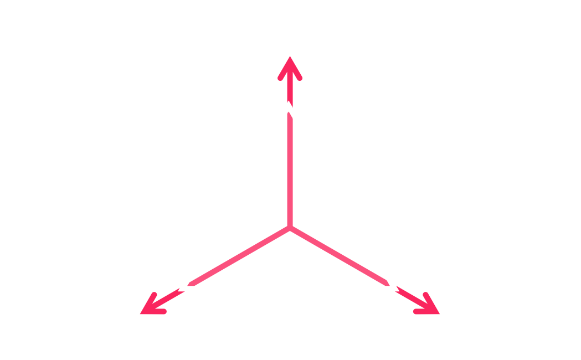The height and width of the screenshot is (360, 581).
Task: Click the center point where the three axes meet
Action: coord(289,227)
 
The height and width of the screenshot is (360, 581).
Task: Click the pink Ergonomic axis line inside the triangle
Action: coord(289,166)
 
